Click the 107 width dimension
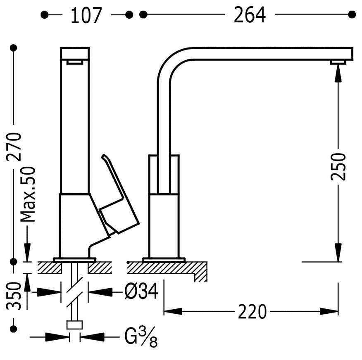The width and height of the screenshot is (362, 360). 86,15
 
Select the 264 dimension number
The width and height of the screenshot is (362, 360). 250,15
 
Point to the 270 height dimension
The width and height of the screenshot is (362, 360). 14,147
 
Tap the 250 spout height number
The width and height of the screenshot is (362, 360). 338,166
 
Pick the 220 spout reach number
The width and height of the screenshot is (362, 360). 252,312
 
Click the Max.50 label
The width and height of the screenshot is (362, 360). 28,194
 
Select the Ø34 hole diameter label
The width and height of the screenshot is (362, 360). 141,291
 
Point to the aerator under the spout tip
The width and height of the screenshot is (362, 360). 338,62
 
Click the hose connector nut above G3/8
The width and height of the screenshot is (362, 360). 74,325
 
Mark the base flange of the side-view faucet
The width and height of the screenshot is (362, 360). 164,260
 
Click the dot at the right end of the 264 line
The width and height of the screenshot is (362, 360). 352,14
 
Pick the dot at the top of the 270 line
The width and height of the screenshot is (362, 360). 14,48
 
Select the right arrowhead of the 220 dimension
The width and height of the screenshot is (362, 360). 329,312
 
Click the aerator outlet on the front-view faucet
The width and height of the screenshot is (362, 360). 74,62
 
